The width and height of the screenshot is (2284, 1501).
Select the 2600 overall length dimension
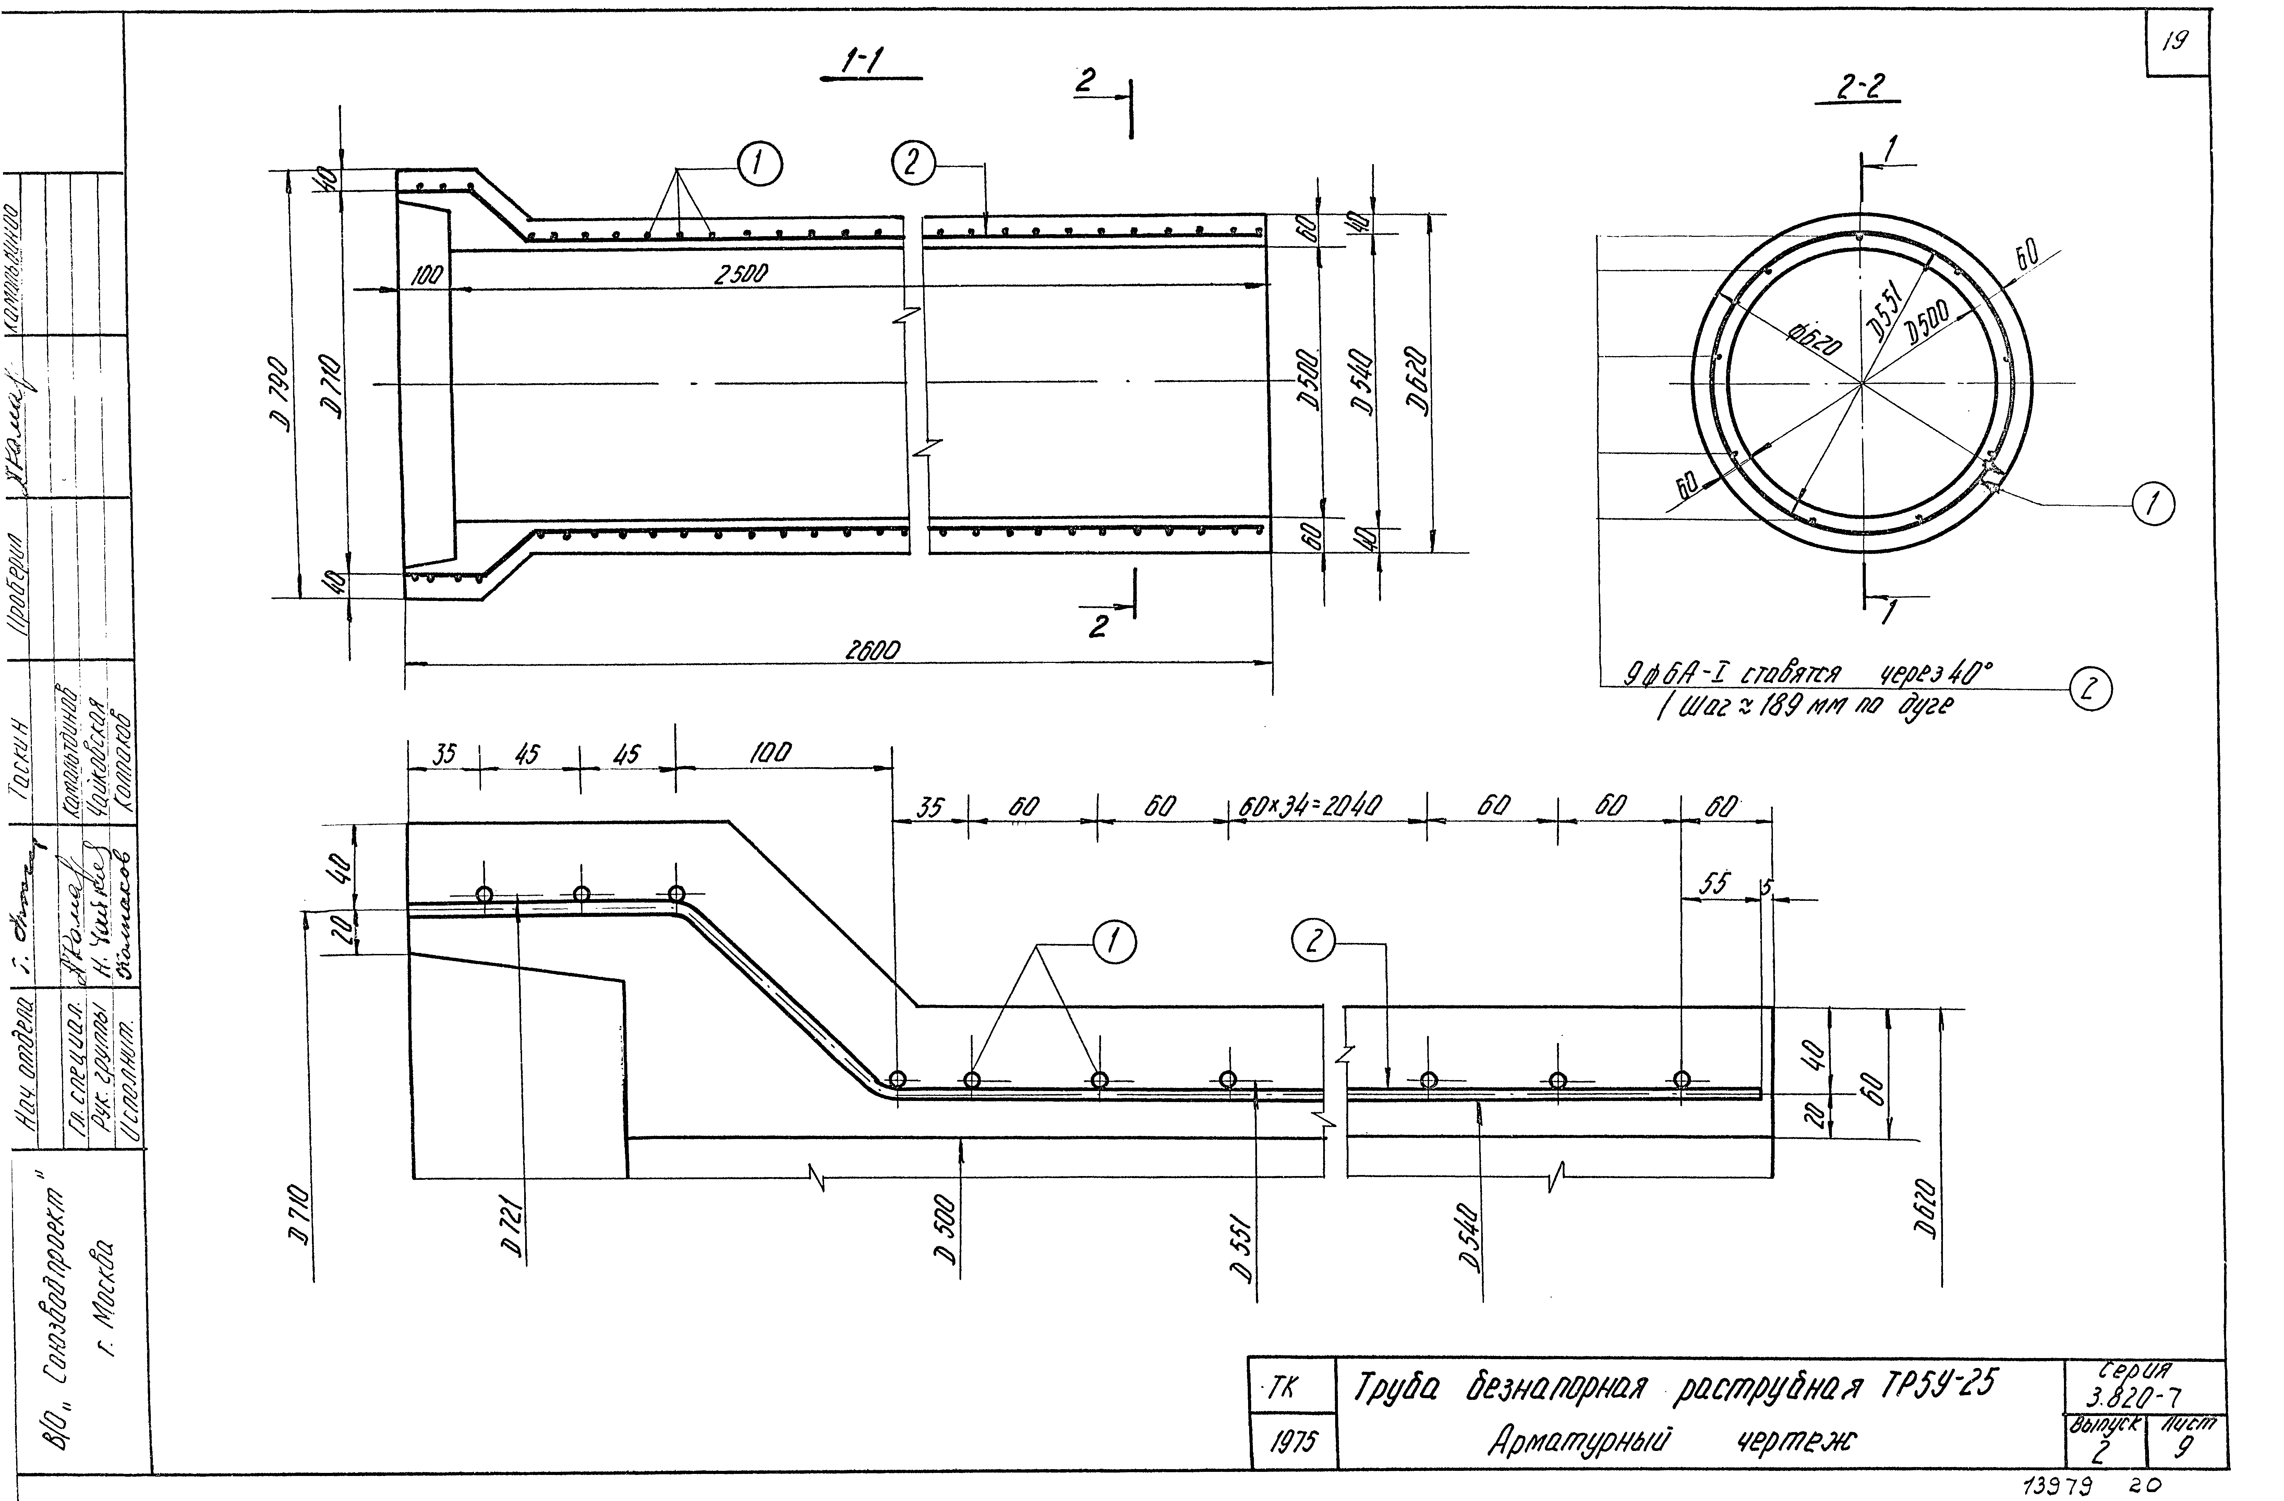coord(872,651)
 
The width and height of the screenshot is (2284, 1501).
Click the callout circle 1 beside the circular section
coord(2152,504)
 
